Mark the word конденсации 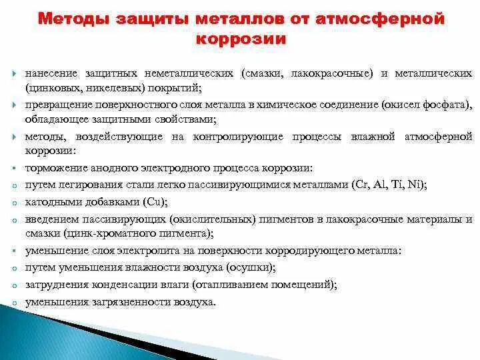pyautogui.click(x=113, y=283)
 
